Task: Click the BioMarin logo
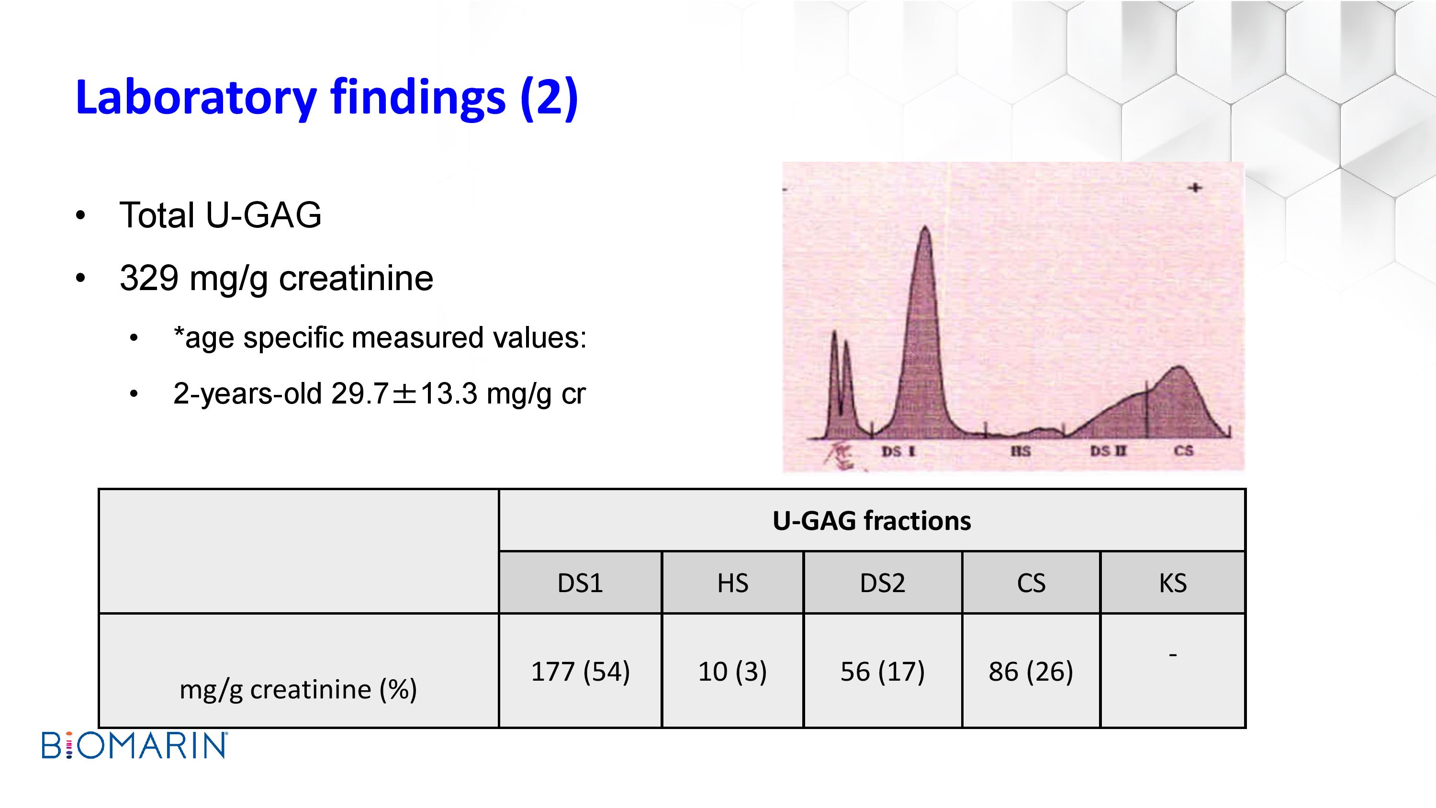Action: [135, 746]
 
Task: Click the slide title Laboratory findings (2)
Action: [326, 98]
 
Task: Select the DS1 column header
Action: [580, 583]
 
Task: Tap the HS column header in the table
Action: [732, 583]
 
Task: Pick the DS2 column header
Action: [883, 583]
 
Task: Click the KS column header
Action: [1173, 583]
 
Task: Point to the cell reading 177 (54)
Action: [580, 671]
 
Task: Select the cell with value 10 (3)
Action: [732, 671]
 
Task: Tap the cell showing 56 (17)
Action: [883, 671]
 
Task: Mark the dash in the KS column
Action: [1173, 655]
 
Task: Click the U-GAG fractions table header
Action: [872, 521]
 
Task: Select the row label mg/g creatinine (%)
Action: [298, 690]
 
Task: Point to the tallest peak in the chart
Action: [925, 228]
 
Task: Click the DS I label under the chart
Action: [898, 451]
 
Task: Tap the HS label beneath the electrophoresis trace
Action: [1021, 451]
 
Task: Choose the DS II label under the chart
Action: [1108, 451]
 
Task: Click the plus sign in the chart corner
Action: [1195, 188]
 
